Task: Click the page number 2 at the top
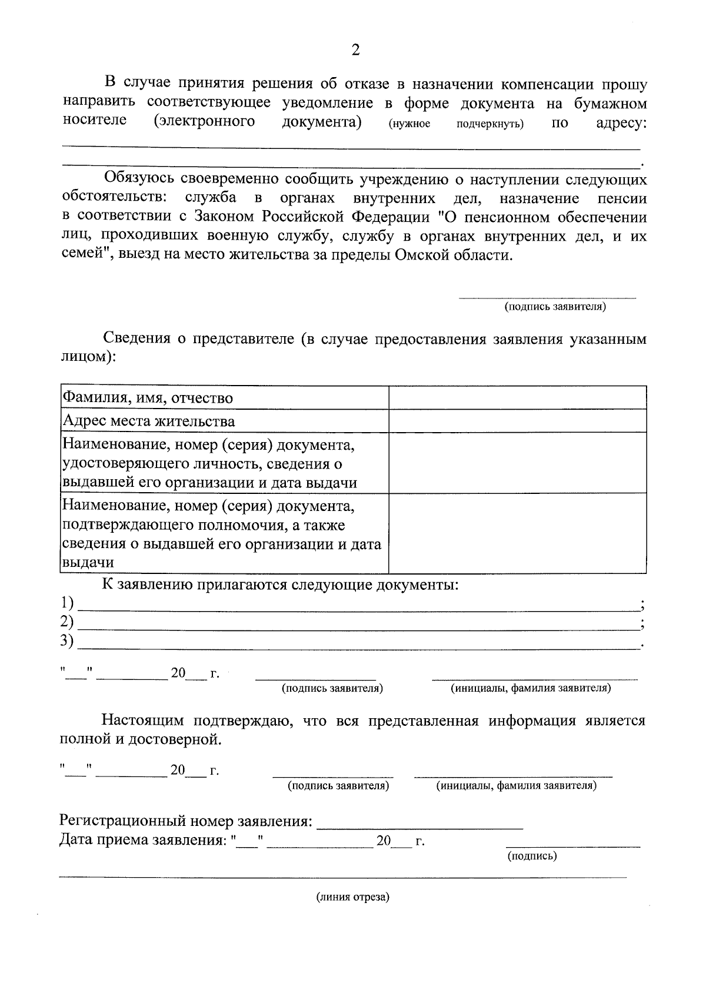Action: point(355,50)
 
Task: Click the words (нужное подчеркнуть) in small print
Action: point(456,125)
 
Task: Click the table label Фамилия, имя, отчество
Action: point(148,398)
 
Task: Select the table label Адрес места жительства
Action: point(149,421)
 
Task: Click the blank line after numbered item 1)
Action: point(359,606)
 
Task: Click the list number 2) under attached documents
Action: point(67,622)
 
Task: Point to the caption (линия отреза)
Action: point(353,897)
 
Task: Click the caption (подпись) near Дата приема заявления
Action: point(532,856)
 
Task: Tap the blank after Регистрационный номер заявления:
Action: point(419,822)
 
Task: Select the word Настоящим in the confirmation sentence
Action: point(143,721)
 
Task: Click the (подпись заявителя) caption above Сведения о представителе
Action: point(555,307)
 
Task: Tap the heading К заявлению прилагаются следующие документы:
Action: point(280,585)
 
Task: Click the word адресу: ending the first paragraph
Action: point(621,123)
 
